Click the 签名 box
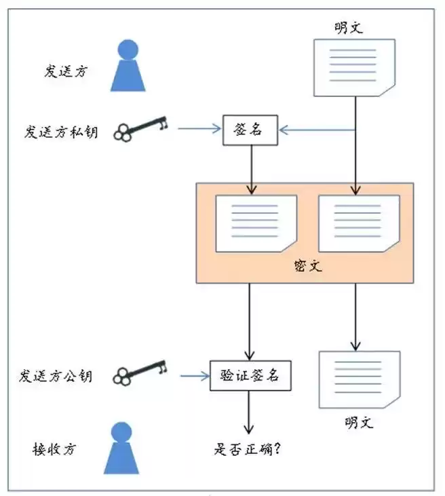click(251, 130)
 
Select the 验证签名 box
click(250, 375)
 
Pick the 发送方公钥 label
click(56, 375)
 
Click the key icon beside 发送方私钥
click(140, 128)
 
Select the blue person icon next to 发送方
click(128, 66)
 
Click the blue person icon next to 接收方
click(122, 448)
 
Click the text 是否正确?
click(249, 449)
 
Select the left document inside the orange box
click(256, 223)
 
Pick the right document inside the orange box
click(359, 223)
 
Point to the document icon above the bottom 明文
click(359, 379)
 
